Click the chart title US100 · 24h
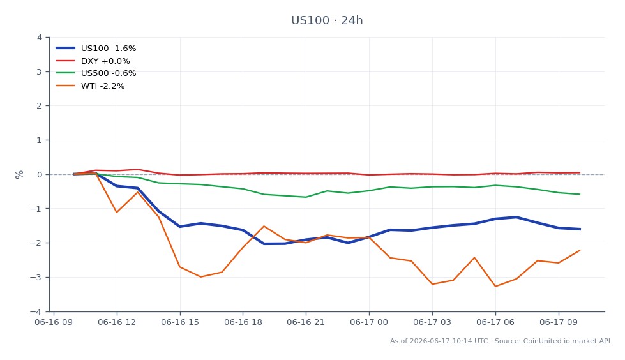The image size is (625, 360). tap(327, 20)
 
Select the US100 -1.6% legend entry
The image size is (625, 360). tap(96, 49)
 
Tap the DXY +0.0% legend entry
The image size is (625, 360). tap(93, 61)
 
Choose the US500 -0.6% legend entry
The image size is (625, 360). tap(96, 73)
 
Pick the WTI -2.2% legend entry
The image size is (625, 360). tap(91, 86)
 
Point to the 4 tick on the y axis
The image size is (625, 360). tap(40, 38)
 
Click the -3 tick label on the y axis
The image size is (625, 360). tap(36, 277)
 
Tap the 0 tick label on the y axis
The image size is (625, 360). tap(40, 175)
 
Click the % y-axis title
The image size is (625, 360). tap(19, 175)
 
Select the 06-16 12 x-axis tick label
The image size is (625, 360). tap(117, 322)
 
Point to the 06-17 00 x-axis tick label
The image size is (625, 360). tap(369, 322)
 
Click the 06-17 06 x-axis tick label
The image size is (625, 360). tap(495, 322)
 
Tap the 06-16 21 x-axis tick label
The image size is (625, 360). tap(306, 322)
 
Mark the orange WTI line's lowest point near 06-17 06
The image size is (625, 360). tap(495, 286)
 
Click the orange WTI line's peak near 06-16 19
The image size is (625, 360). tap(264, 226)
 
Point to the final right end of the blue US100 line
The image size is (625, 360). tap(580, 229)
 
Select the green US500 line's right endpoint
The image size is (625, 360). tap(580, 194)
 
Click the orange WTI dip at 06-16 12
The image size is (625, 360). tap(117, 212)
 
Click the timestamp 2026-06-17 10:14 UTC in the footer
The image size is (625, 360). tap(448, 341)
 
